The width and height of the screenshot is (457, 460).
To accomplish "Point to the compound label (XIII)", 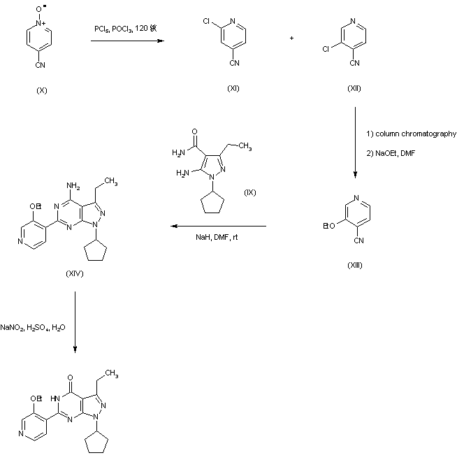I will [x=355, y=266].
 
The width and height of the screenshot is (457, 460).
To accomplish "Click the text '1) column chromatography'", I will [x=411, y=134].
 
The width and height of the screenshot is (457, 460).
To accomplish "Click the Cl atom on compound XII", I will [x=325, y=51].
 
